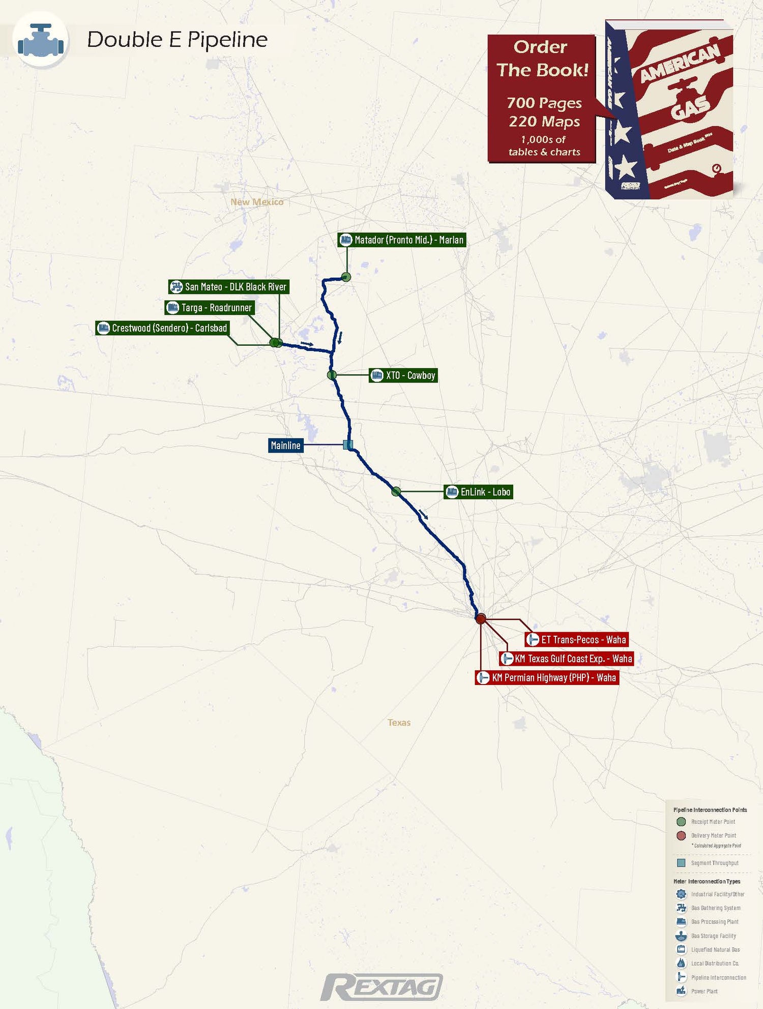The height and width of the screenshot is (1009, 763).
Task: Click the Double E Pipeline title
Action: pyautogui.click(x=177, y=40)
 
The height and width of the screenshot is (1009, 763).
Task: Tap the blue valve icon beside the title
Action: pyautogui.click(x=41, y=41)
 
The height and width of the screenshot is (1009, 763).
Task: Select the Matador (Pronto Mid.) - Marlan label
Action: pyautogui.click(x=402, y=240)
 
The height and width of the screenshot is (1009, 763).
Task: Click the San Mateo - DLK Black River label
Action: pyautogui.click(x=229, y=287)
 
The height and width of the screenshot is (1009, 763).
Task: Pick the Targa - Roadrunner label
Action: pyautogui.click(x=210, y=308)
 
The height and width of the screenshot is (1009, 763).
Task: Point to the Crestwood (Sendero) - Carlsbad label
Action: pyautogui.click(x=163, y=328)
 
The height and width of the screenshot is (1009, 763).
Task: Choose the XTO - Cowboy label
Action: pyautogui.click(x=403, y=375)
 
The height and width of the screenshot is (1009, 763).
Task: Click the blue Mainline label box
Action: pyautogui.click(x=285, y=446)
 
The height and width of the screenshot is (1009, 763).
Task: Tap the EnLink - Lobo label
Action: pyautogui.click(x=478, y=492)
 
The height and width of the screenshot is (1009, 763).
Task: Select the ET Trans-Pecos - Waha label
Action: pyautogui.click(x=577, y=640)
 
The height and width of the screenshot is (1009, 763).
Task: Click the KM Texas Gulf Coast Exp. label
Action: pyautogui.click(x=567, y=659)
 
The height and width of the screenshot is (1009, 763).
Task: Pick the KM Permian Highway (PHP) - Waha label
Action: pyautogui.click(x=547, y=677)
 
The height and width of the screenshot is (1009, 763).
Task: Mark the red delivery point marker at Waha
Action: pyautogui.click(x=481, y=618)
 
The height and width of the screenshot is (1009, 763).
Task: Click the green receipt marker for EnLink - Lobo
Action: pyautogui.click(x=396, y=491)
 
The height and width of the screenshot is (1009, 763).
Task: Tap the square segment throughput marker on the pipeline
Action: pyautogui.click(x=348, y=445)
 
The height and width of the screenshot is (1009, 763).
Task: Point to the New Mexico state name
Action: pyautogui.click(x=257, y=202)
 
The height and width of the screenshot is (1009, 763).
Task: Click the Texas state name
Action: pyautogui.click(x=399, y=723)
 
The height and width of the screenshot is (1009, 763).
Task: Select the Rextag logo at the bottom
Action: pyautogui.click(x=382, y=987)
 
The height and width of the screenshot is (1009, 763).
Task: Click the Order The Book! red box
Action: pyautogui.click(x=542, y=99)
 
